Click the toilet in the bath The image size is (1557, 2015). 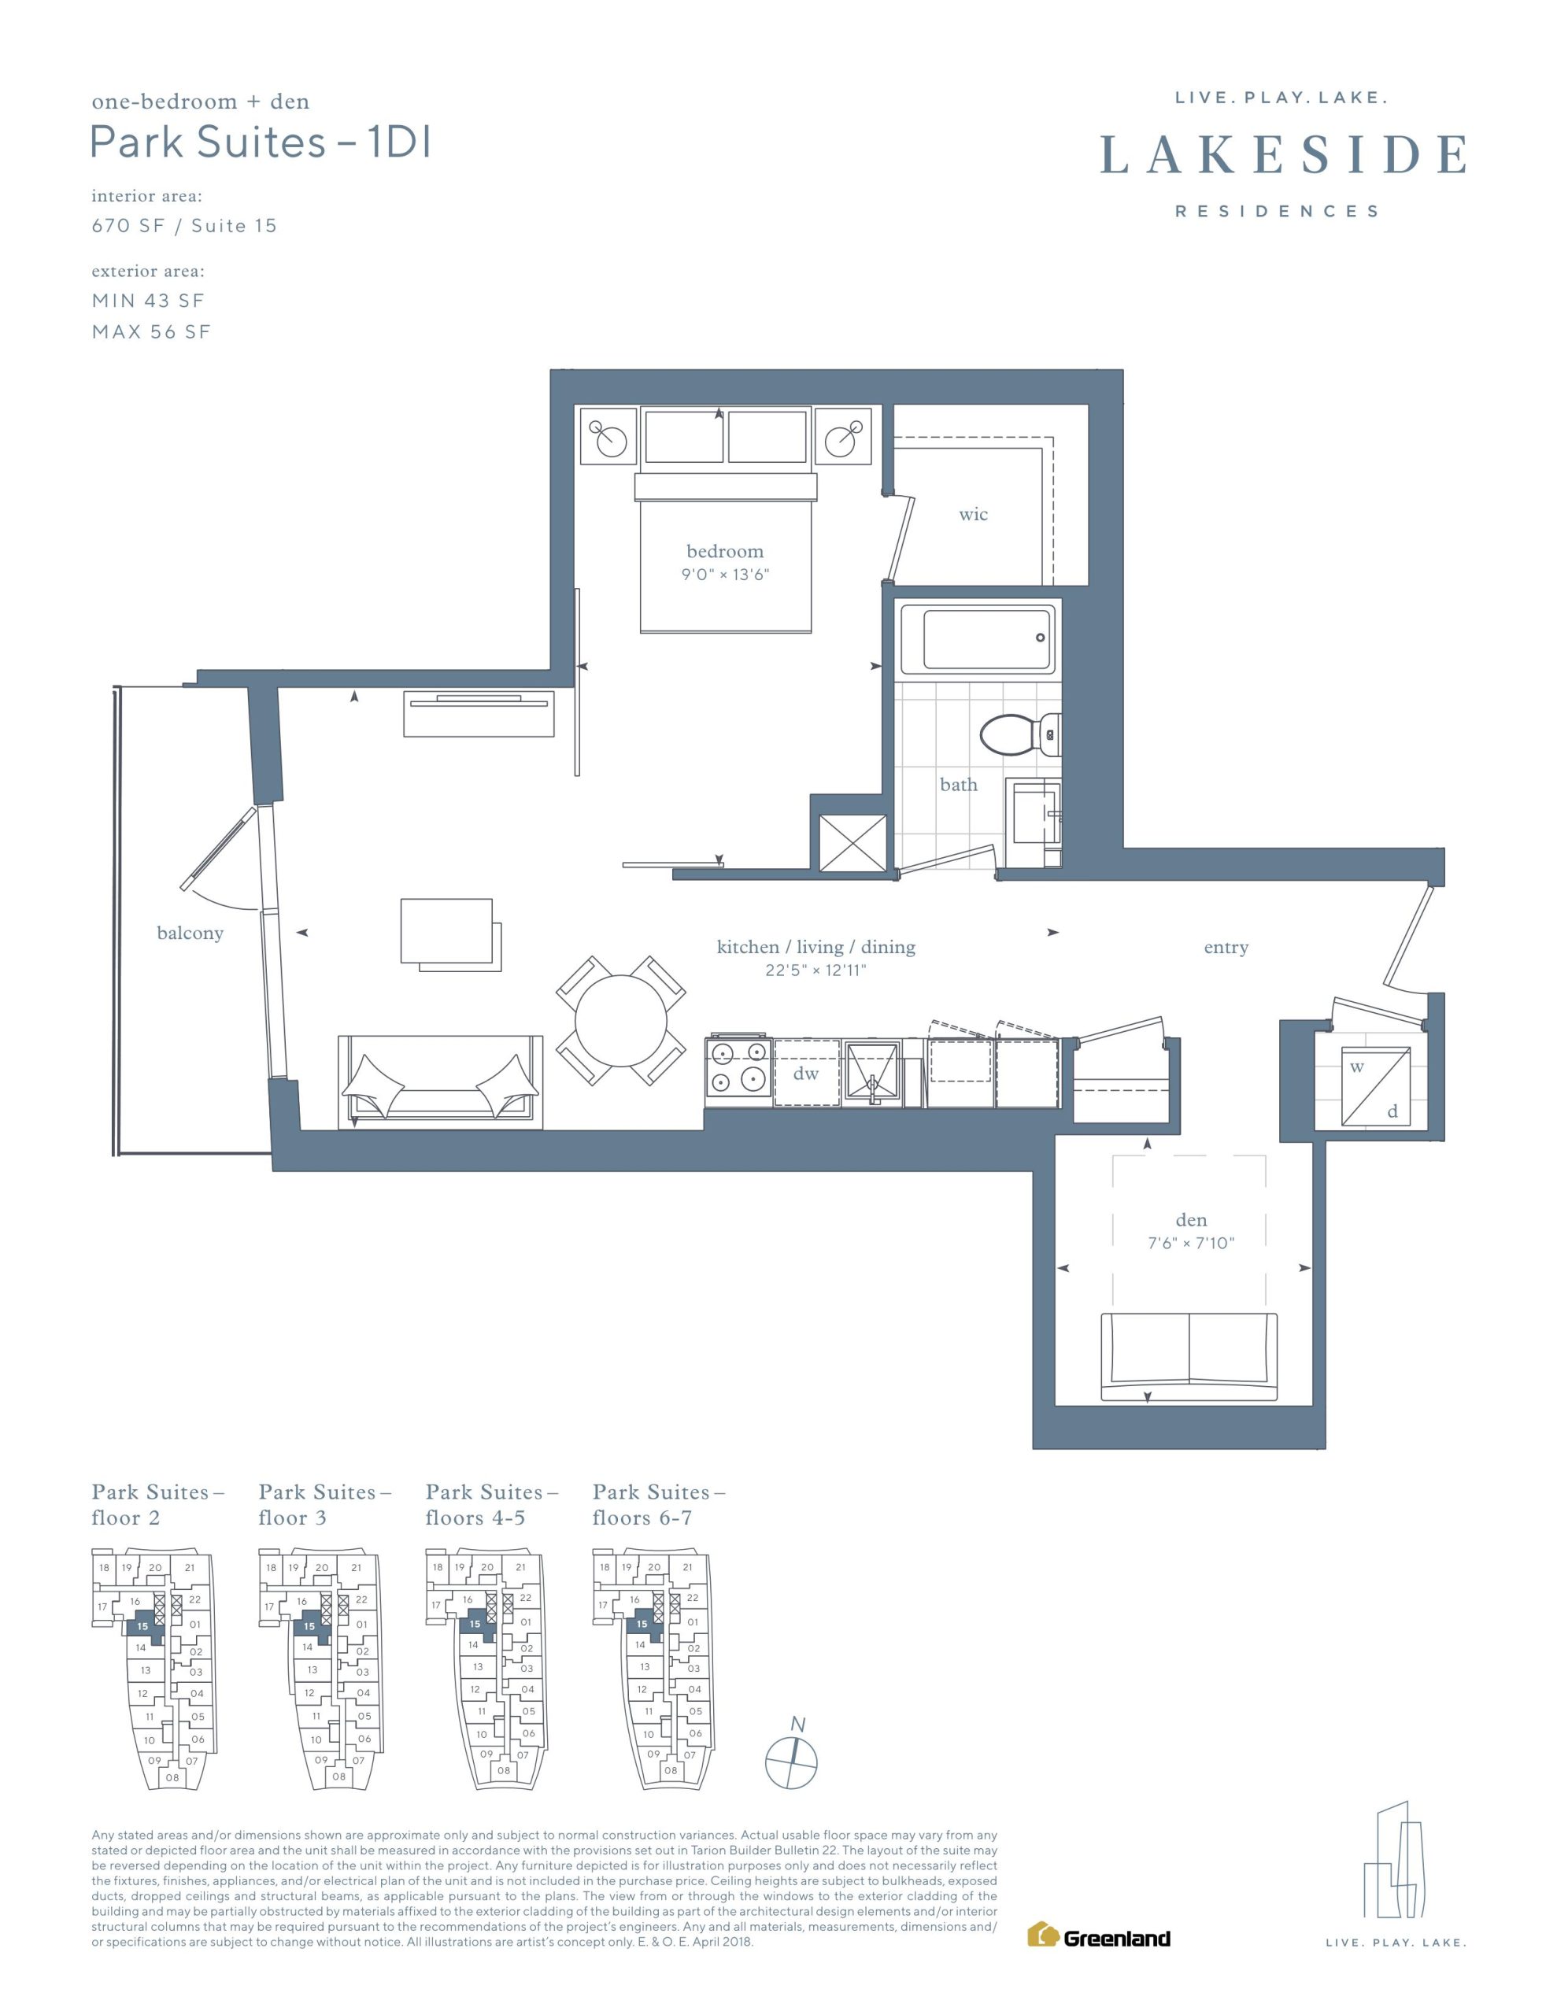pyautogui.click(x=1020, y=735)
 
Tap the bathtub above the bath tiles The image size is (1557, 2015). pyautogui.click(x=977, y=638)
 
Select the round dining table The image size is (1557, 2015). pyautogui.click(x=621, y=1020)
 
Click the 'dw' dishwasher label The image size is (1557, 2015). pyautogui.click(x=806, y=1073)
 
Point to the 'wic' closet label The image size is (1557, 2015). pyautogui.click(x=973, y=514)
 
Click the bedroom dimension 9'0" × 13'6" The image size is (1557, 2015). pyautogui.click(x=726, y=575)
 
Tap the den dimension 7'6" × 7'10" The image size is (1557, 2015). pyautogui.click(x=1191, y=1243)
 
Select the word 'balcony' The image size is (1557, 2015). pyautogui.click(x=190, y=933)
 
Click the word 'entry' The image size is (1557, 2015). pyautogui.click(x=1226, y=948)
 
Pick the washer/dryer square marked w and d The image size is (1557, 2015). pyautogui.click(x=1375, y=1086)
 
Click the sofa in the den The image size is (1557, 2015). pyautogui.click(x=1189, y=1357)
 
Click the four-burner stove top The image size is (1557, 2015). pyautogui.click(x=738, y=1068)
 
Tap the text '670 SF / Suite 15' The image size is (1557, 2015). pyautogui.click(x=183, y=226)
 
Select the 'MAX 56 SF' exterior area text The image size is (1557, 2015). pyautogui.click(x=151, y=332)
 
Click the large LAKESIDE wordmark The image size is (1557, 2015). pyautogui.click(x=1283, y=154)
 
